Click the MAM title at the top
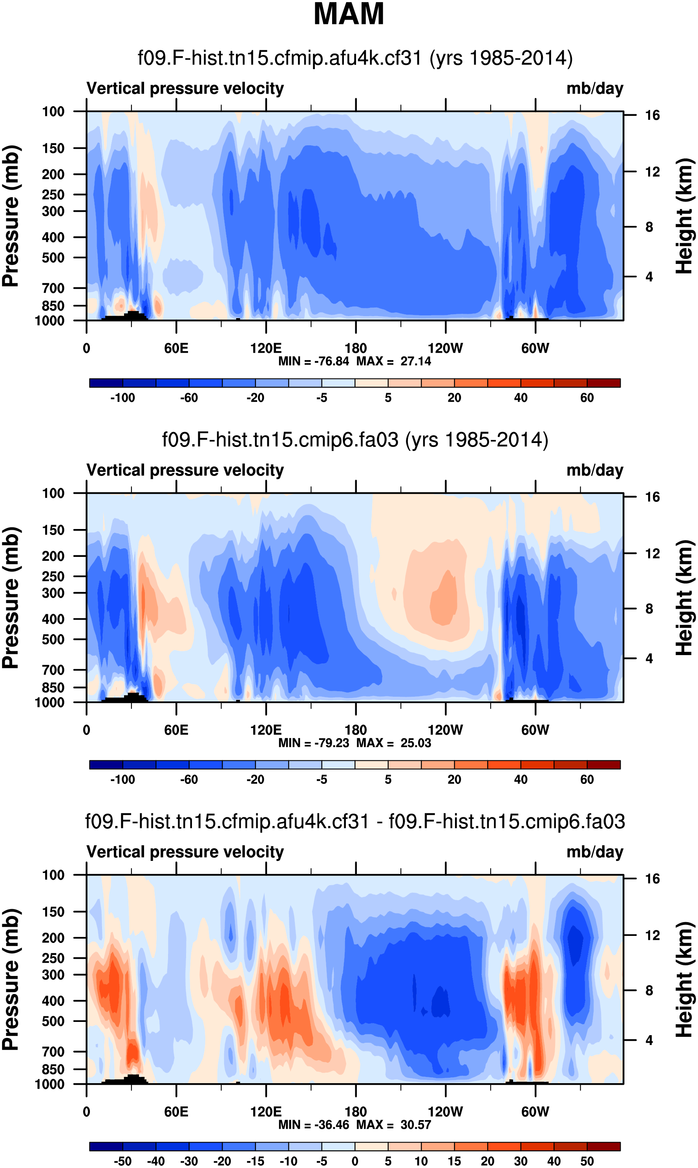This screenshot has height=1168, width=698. point(349,14)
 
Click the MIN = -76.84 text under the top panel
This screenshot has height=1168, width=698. point(314,361)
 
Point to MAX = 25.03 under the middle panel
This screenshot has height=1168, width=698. point(394,743)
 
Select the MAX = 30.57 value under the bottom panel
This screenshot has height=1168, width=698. point(394,1124)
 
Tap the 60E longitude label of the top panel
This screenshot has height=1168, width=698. point(176,349)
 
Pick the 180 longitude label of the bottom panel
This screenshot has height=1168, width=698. point(356,1111)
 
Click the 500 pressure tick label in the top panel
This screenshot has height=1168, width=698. point(53,258)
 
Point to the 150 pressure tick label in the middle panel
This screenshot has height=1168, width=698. point(53,530)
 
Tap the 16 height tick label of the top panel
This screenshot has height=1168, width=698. point(652,115)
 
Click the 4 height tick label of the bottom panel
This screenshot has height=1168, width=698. point(649,1040)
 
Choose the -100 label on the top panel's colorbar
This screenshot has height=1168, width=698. point(122,398)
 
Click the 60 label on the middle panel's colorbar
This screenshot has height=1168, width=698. point(587,780)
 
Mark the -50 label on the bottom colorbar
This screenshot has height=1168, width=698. point(122,1161)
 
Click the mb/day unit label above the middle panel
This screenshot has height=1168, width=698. point(594,470)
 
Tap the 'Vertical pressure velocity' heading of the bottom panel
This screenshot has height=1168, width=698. point(185,852)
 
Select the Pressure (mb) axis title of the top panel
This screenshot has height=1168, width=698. point(10,216)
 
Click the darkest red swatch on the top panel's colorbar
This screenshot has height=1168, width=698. point(603,383)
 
